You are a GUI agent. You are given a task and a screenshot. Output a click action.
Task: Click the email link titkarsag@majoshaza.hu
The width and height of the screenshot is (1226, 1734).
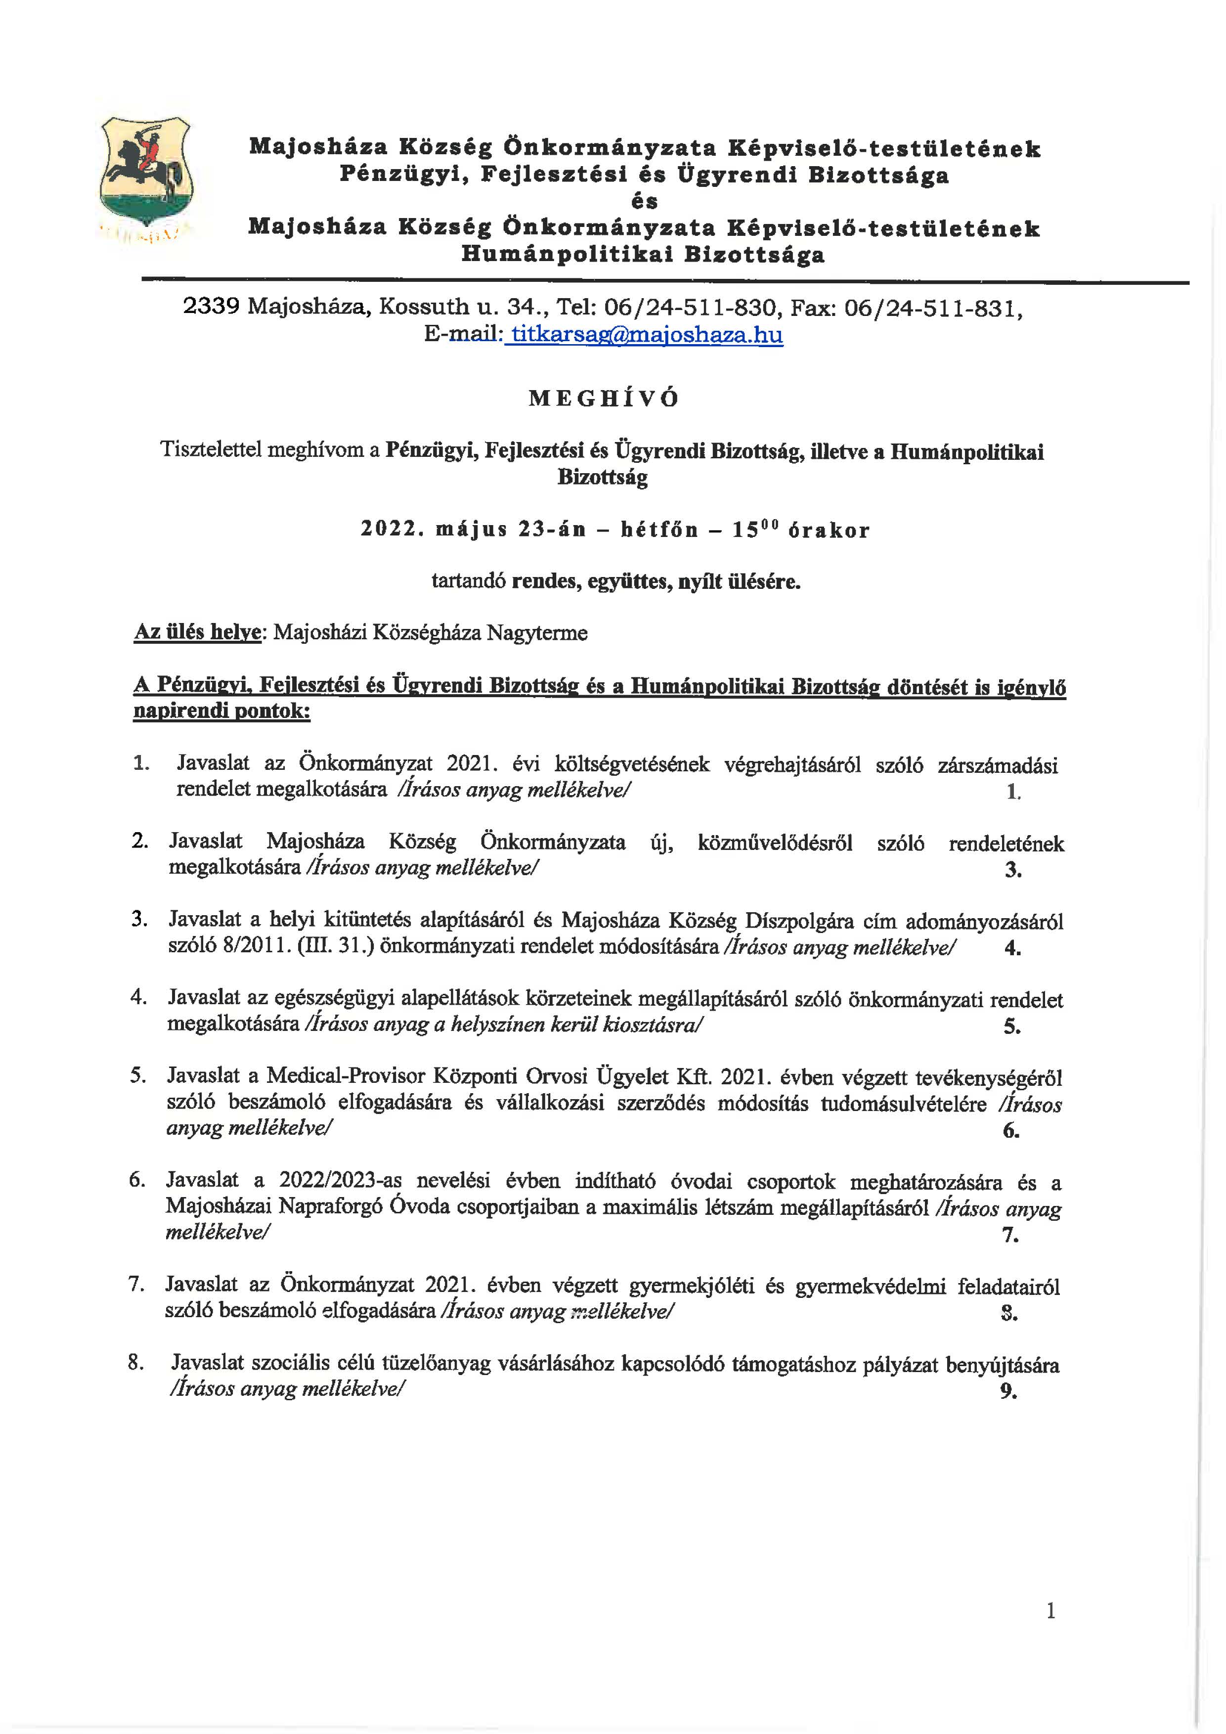point(646,335)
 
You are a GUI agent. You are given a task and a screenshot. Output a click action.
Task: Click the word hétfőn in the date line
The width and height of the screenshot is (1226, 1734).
point(659,530)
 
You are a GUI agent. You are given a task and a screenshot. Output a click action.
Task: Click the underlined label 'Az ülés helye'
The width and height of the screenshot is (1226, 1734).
point(197,631)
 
